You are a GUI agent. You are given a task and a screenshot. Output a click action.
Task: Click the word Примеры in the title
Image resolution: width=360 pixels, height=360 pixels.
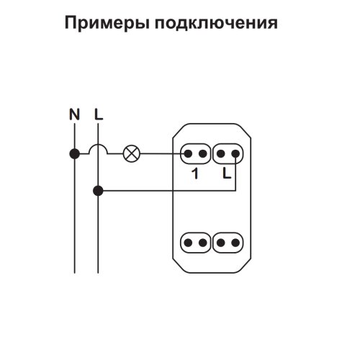click(107, 23)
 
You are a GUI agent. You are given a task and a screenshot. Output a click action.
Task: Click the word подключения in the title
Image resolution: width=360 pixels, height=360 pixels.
click(216, 23)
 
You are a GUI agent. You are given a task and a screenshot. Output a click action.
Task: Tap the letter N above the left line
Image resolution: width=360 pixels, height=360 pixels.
click(74, 114)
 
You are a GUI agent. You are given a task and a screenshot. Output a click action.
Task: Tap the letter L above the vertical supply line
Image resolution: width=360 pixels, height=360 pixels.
click(99, 114)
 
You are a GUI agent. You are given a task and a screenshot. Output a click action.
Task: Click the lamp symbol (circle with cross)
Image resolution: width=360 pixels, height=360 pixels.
click(132, 154)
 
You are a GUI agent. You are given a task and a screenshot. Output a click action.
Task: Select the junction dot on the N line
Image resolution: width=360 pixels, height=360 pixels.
click(74, 154)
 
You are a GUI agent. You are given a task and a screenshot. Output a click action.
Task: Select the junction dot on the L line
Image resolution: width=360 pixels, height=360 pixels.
click(98, 191)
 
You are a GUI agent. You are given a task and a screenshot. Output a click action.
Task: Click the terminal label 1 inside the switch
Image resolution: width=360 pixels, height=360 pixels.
click(196, 174)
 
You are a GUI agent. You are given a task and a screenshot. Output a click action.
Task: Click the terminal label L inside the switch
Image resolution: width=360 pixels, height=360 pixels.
click(227, 173)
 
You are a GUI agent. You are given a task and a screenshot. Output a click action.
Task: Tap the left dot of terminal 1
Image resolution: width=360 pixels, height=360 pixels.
click(188, 153)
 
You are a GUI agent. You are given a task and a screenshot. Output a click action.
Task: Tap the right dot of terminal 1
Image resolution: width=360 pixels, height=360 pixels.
click(203, 153)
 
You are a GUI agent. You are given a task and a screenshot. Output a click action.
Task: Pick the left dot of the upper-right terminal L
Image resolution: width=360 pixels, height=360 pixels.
click(220, 153)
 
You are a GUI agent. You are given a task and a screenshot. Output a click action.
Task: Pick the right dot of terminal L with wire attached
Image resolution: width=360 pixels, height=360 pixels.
click(235, 153)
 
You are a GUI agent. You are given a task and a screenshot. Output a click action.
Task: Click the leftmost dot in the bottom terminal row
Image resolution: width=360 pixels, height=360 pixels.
click(188, 243)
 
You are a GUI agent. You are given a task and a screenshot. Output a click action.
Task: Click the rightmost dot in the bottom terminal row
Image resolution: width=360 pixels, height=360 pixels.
click(235, 243)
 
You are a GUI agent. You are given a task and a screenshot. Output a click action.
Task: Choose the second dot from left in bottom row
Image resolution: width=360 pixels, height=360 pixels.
click(203, 243)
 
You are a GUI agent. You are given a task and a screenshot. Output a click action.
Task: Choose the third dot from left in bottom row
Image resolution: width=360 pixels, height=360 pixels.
click(220, 243)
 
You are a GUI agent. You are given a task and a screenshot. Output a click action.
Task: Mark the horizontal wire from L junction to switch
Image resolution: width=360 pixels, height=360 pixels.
click(167, 191)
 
